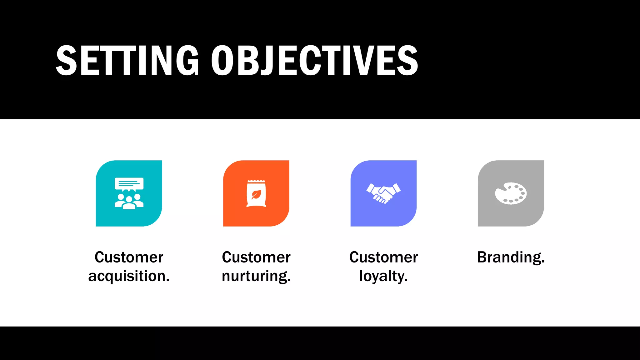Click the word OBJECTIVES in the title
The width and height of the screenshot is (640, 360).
tap(314, 60)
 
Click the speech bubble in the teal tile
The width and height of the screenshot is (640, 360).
tap(129, 184)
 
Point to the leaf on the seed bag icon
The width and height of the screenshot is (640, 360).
tap(256, 194)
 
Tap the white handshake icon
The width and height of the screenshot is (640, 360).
tap(383, 193)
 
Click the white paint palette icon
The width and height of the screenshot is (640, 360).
tap(511, 193)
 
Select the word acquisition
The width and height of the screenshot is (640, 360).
tap(129, 276)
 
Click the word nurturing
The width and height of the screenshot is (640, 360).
tap(256, 276)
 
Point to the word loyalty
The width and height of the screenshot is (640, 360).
tap(383, 276)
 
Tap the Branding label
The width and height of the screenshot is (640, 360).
tap(511, 257)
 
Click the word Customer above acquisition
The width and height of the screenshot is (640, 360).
tap(129, 257)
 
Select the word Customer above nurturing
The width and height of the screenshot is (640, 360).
tap(256, 257)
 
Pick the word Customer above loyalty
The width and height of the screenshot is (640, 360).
tap(383, 257)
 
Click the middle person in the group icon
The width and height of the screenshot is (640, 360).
tap(129, 202)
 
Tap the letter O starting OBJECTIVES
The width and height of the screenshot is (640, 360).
tap(222, 60)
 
